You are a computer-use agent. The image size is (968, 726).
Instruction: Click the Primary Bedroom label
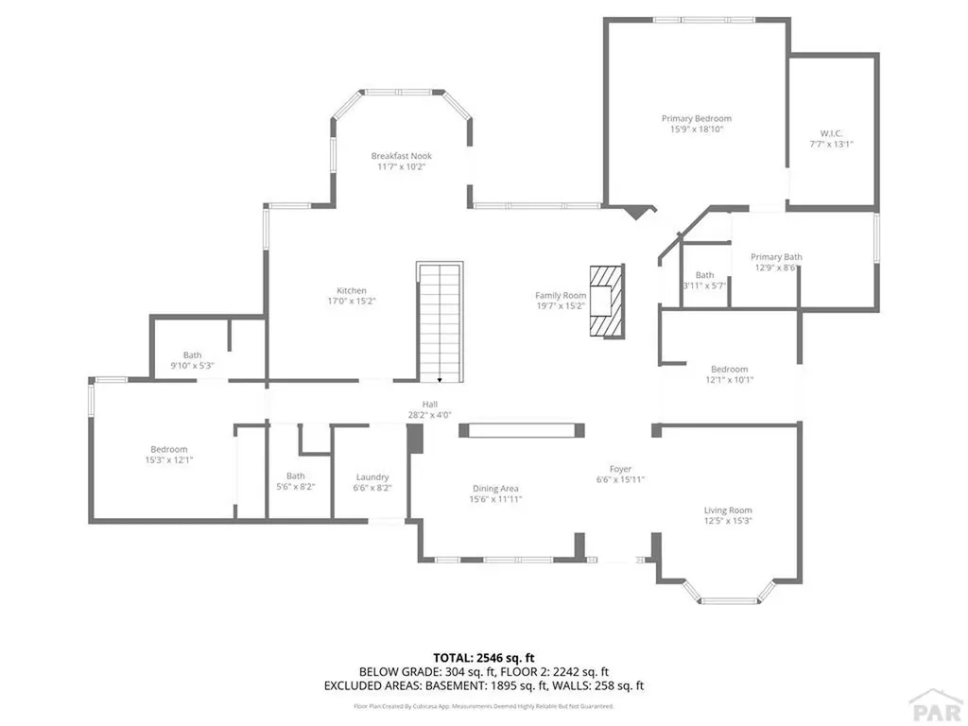tap(696, 119)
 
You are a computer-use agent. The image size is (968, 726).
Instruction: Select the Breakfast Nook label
tap(401, 156)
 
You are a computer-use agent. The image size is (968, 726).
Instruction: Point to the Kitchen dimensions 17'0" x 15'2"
tap(352, 302)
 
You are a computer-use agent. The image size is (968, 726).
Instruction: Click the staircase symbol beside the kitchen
tap(439, 322)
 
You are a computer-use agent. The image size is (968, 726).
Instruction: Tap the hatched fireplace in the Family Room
tap(606, 302)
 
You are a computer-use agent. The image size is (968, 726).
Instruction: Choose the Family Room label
tap(561, 296)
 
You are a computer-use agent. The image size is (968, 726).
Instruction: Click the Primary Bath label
tap(776, 256)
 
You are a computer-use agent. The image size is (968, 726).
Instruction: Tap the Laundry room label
tap(372, 477)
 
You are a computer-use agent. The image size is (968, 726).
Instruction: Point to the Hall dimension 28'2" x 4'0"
tap(429, 414)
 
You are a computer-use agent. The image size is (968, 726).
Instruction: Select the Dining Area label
tap(496, 489)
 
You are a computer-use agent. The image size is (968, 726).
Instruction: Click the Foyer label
tap(620, 469)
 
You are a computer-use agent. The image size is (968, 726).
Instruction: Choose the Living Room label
tap(728, 510)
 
